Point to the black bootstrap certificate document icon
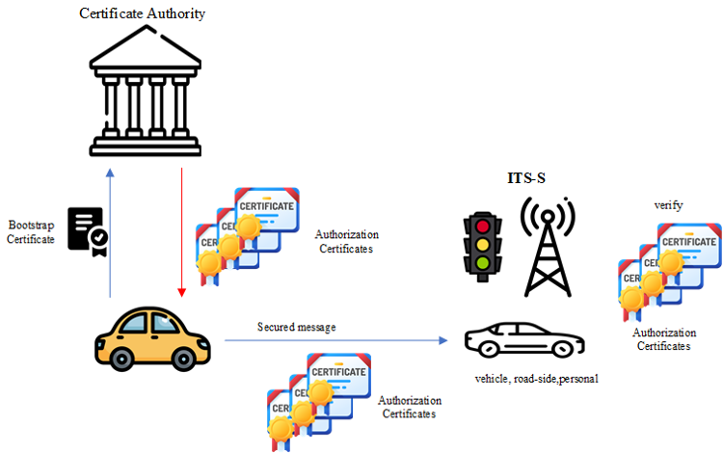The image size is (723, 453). pos(86,229)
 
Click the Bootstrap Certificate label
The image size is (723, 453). pos(32,231)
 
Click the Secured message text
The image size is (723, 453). pos(296,328)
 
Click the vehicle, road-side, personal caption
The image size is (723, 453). pos(536,379)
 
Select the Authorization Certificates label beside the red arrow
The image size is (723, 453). pos(347,241)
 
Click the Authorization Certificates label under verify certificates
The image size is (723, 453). pos(664,339)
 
